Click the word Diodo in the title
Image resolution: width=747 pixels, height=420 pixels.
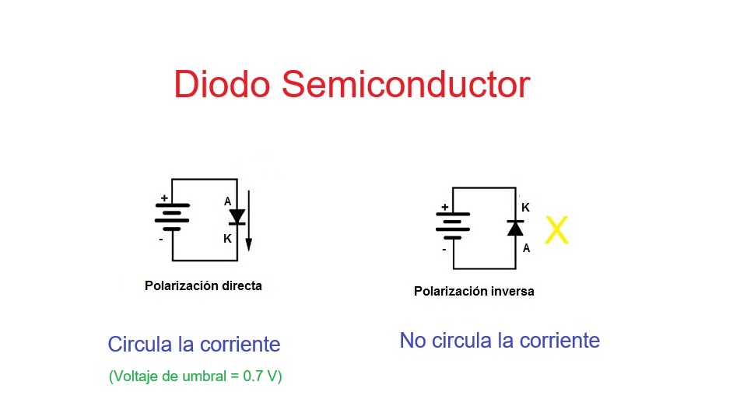click(x=222, y=84)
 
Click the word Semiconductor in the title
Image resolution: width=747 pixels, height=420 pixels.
click(x=406, y=84)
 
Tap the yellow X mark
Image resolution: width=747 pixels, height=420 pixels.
click(x=556, y=230)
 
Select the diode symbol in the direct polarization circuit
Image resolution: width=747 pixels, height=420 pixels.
click(x=237, y=217)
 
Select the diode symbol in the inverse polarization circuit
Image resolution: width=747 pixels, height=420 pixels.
click(x=515, y=228)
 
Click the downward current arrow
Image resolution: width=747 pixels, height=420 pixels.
click(x=248, y=220)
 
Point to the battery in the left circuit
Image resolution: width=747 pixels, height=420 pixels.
click(x=172, y=217)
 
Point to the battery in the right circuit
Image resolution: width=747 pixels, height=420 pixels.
click(x=453, y=226)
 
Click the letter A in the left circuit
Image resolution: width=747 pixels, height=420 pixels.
click(x=228, y=201)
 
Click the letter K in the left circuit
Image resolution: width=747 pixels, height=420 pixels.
click(x=228, y=239)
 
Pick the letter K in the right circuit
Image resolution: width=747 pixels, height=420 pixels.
click(x=525, y=208)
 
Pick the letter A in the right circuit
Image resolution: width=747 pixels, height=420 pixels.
click(x=527, y=247)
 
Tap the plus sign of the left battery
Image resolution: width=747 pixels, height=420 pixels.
click(x=164, y=198)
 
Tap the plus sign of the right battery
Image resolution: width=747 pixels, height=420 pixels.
click(x=444, y=207)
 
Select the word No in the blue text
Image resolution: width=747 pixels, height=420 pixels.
click(x=412, y=341)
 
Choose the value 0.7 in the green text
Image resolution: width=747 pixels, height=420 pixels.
click(x=253, y=376)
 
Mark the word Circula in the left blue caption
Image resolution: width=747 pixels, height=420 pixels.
click(x=139, y=345)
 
